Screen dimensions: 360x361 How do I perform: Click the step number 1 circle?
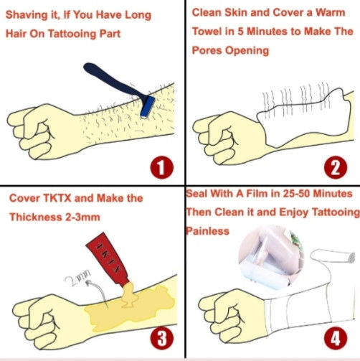(x=161, y=167)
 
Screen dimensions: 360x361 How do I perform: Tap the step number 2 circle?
(x=336, y=167)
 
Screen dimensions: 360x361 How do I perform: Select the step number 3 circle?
(x=161, y=339)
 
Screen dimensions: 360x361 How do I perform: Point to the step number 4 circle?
(x=336, y=339)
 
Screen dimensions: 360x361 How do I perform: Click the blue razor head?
(x=148, y=107)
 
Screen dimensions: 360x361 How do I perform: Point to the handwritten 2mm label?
(x=77, y=278)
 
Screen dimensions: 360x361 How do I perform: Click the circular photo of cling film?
(x=271, y=257)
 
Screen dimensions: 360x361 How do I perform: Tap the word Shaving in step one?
(x=27, y=15)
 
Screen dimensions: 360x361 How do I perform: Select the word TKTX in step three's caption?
(x=57, y=198)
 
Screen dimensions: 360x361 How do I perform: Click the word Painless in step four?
(x=207, y=231)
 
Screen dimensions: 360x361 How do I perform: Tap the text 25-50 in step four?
(x=296, y=194)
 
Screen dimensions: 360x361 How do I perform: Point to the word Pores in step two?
(x=207, y=50)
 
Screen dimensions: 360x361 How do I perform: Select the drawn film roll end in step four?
(x=351, y=258)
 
